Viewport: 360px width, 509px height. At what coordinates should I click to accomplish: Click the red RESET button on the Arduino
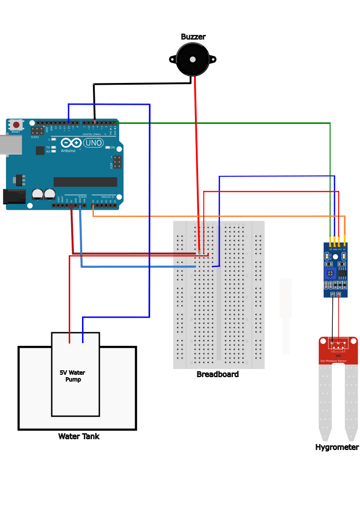pos(16,125)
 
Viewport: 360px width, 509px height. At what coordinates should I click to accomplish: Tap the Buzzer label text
pos(193,37)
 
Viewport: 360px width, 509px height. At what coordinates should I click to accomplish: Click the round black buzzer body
pos(193,60)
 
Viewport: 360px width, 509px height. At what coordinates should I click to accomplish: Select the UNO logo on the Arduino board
pos(94,143)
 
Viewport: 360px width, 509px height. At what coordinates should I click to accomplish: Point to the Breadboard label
pos(217,374)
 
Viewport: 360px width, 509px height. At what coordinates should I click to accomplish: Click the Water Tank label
pos(78,436)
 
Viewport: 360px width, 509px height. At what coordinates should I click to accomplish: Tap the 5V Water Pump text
pos(73,376)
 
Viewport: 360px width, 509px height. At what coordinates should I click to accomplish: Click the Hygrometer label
pos(337,447)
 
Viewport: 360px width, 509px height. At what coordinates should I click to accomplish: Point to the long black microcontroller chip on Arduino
pos(85,182)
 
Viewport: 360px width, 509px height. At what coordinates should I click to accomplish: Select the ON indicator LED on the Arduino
pos(108,147)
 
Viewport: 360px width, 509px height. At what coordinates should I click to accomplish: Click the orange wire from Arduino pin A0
pos(218,216)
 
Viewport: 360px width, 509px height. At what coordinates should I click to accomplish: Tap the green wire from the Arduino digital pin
pos(227,123)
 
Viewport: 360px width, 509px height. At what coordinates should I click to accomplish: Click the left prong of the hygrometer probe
pos(325,403)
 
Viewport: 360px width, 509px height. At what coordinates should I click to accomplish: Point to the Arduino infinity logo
pos(71,143)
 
